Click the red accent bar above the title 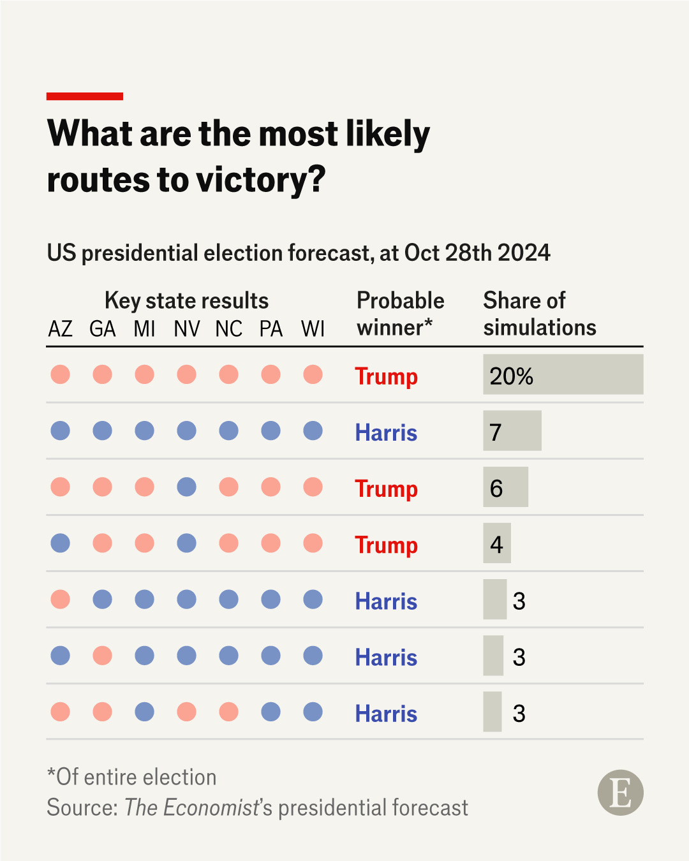(84, 96)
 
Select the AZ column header (60, 329)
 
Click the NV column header (186, 329)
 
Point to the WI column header (313, 329)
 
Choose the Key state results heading (186, 300)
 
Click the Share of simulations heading (539, 314)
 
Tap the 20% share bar (563, 375)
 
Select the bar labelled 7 (512, 431)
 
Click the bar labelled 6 (505, 487)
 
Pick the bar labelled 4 (496, 543)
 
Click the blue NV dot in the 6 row (186, 487)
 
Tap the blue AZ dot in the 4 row (60, 543)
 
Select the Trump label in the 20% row (386, 376)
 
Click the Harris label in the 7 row (386, 432)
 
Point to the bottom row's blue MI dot (144, 712)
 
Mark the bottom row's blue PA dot (270, 712)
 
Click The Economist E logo (620, 793)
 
